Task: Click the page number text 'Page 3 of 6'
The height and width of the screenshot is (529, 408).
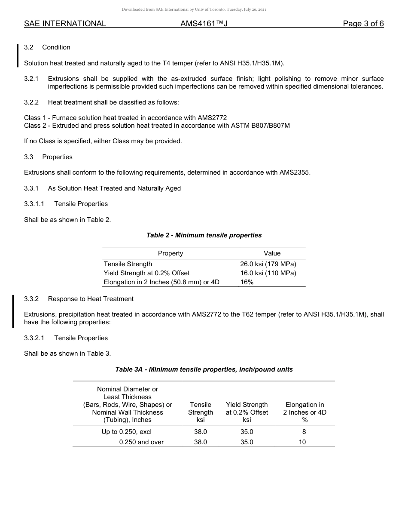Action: coord(363,24)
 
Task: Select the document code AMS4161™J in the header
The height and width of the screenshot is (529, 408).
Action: coord(204,24)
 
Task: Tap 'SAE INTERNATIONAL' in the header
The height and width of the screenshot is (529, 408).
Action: coord(65,24)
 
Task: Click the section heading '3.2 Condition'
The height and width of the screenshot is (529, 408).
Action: coord(47,47)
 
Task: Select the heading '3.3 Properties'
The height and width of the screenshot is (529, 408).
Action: coord(48,157)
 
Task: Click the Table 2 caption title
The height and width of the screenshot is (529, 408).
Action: coord(204,235)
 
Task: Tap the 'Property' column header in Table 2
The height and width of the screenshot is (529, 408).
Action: coord(171,253)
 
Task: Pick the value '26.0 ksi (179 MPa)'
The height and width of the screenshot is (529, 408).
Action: coord(268,264)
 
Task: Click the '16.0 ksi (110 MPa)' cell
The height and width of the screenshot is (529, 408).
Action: coord(268,273)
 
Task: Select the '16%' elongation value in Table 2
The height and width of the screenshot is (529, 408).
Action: coord(247,282)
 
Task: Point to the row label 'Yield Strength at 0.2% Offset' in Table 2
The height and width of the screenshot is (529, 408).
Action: coord(146,273)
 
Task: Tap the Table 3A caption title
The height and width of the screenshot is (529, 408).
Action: coord(204,369)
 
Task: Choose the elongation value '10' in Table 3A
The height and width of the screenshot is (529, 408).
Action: coord(302,442)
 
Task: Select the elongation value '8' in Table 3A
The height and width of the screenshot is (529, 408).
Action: coord(304,432)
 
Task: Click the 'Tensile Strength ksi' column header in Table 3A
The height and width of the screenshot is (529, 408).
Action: coord(201,412)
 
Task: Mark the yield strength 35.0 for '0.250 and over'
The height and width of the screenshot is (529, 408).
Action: coord(247,442)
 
